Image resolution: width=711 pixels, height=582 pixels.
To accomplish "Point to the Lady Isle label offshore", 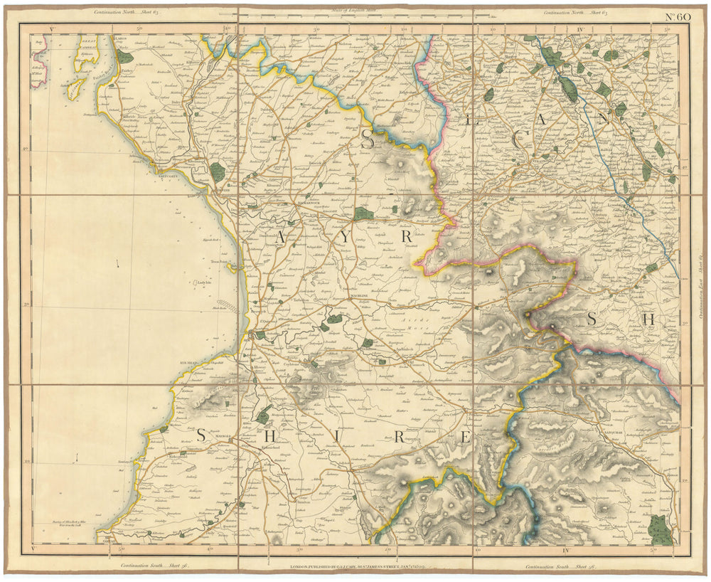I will (205, 282).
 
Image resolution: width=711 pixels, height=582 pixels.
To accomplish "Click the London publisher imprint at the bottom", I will (355, 567).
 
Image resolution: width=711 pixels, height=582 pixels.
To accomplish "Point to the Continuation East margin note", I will (699, 285).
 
